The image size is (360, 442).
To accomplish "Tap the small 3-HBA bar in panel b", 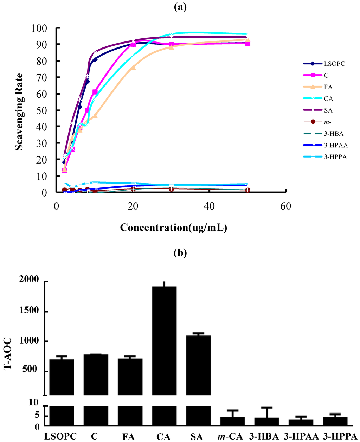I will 266,422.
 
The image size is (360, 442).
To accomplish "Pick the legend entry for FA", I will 328,87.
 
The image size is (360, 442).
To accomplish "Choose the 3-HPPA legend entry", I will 335,157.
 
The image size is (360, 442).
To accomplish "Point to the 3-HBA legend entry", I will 334,134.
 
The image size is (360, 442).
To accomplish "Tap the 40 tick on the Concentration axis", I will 209,206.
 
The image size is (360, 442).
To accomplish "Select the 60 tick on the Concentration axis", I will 286,206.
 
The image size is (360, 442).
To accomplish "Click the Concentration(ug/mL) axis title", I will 173,228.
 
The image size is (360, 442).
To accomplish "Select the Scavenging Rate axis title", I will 19,112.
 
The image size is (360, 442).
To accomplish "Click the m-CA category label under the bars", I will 230,436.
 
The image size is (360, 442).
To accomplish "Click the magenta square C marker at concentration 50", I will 247,44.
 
